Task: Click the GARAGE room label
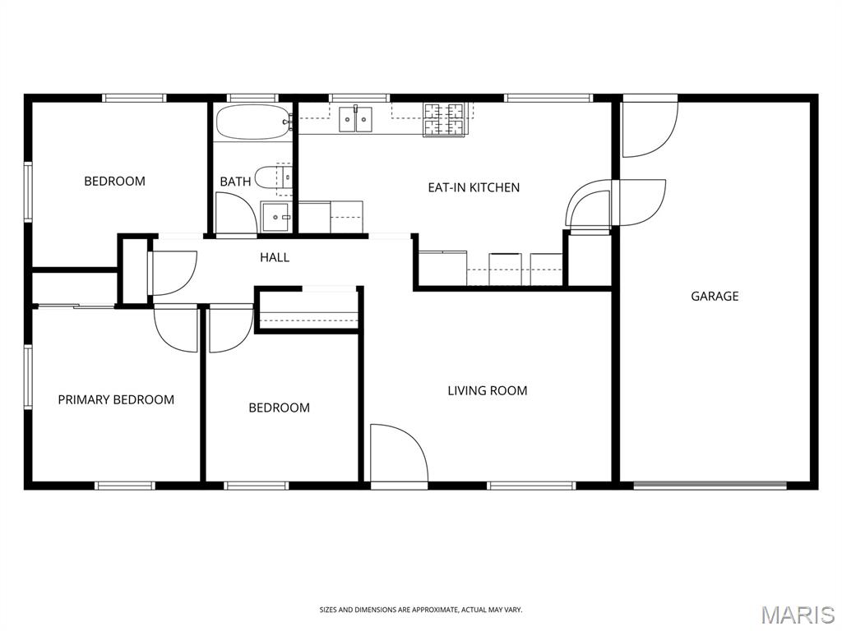(715, 296)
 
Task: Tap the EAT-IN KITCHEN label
(474, 187)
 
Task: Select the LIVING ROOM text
(488, 390)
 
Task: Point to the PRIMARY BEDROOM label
(116, 399)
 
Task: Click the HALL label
(275, 257)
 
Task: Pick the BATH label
(235, 182)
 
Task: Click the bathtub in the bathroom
(252, 122)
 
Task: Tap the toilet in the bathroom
(272, 177)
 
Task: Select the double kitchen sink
(355, 119)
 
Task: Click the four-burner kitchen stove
(443, 119)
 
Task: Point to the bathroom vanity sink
(276, 217)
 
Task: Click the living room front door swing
(399, 453)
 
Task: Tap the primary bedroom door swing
(176, 329)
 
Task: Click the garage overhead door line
(710, 486)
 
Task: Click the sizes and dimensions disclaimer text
(421, 610)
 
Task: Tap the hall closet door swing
(173, 273)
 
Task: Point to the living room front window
(531, 486)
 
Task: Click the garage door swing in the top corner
(650, 129)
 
